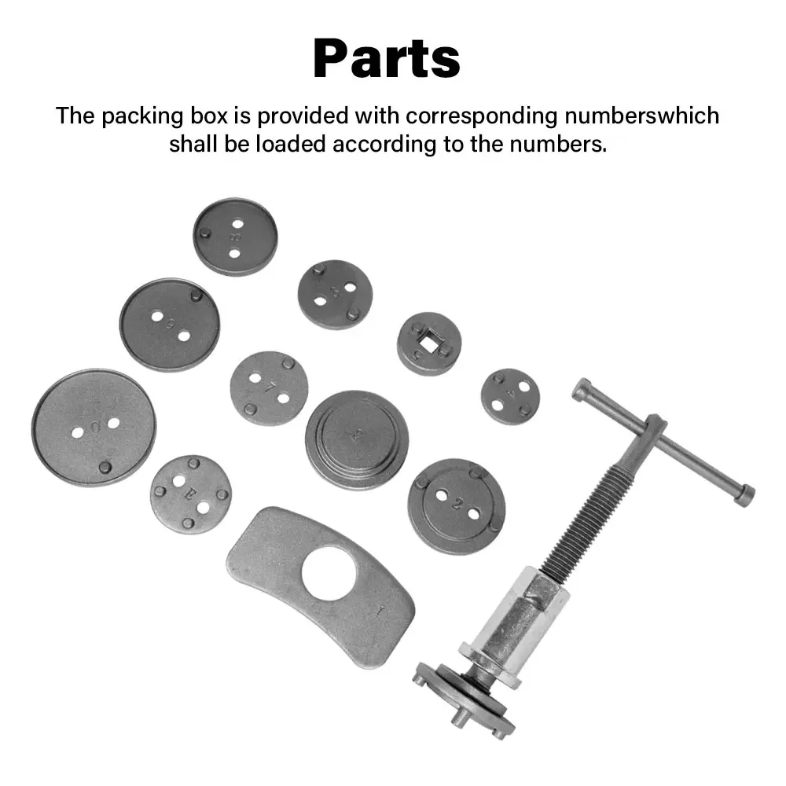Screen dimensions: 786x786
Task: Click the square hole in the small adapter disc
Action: coord(429,343)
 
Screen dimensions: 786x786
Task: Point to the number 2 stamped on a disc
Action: coord(457,505)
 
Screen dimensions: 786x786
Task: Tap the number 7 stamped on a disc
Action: coord(270,387)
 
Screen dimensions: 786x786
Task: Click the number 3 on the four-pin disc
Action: coord(189,494)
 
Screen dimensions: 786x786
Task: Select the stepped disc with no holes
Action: coord(357,439)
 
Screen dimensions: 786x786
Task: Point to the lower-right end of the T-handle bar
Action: coord(744,494)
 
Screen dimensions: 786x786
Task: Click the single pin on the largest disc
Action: coord(105,467)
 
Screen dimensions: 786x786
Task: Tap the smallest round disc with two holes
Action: coord(511,396)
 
